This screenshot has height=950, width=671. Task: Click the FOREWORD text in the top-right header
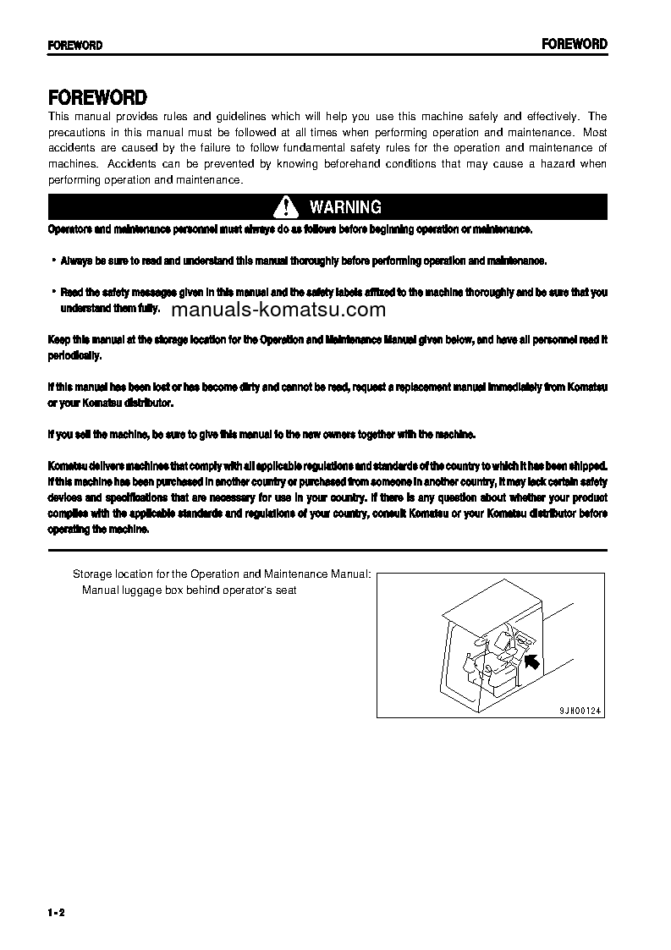click(575, 44)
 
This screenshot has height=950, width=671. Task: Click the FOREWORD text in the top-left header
click(75, 45)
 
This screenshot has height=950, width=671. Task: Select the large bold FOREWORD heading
click(97, 98)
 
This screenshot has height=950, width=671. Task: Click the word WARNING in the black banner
click(345, 207)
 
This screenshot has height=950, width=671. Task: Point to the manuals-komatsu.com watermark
click(267, 310)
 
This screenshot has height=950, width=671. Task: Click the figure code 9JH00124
click(581, 711)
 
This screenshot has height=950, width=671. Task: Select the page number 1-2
click(57, 911)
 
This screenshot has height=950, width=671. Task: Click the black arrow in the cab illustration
click(533, 660)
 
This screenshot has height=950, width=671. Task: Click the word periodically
click(75, 355)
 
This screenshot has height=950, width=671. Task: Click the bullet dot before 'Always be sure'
click(53, 261)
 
